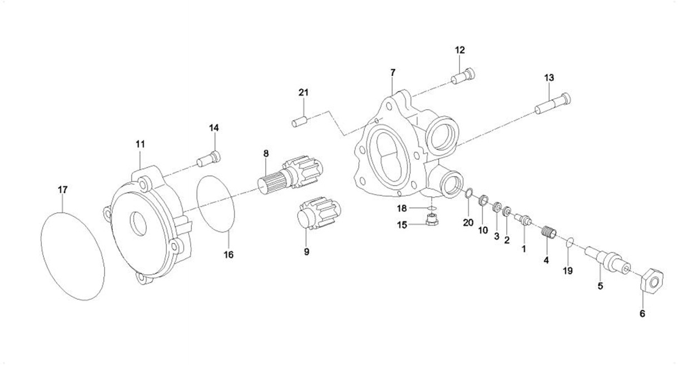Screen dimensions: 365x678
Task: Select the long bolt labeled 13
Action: [x=552, y=104]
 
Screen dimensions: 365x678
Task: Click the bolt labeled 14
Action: [x=209, y=159]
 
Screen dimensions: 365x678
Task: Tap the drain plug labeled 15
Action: [x=430, y=219]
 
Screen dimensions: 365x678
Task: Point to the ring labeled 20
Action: [x=468, y=193]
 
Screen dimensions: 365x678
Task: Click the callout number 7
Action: [x=393, y=73]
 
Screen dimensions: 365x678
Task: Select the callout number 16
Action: [x=229, y=255]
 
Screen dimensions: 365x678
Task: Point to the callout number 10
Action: [x=483, y=229]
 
